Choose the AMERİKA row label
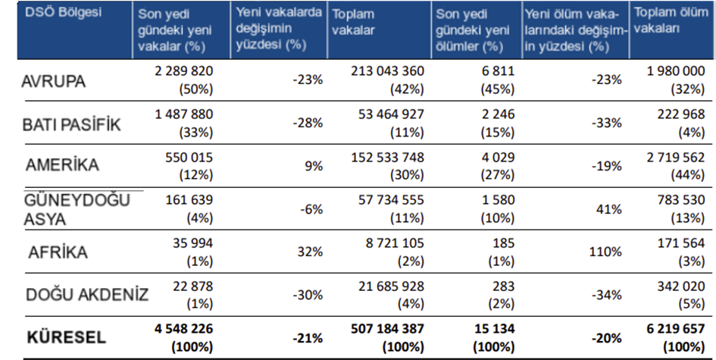62,165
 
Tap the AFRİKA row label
58,253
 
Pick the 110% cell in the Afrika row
607,252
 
